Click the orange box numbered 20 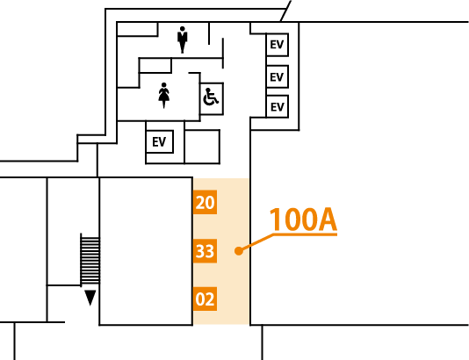(x=205, y=202)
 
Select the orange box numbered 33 (x=205, y=251)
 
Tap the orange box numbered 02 (x=205, y=299)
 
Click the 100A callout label (x=303, y=220)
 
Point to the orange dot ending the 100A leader (x=239, y=251)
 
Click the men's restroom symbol (x=182, y=40)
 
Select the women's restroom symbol (x=163, y=96)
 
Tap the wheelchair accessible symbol (x=211, y=97)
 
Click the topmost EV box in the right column (x=277, y=45)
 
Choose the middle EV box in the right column (x=277, y=76)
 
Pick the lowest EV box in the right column (x=277, y=106)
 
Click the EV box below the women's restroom (x=160, y=141)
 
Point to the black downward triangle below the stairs (x=90, y=298)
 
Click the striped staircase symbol (x=90, y=260)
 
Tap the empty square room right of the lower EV (x=202, y=147)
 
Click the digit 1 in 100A (x=276, y=220)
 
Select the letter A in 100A (x=327, y=220)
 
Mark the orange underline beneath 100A (x=305, y=234)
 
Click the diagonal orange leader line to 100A (x=256, y=242)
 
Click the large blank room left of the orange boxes (x=146, y=251)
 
